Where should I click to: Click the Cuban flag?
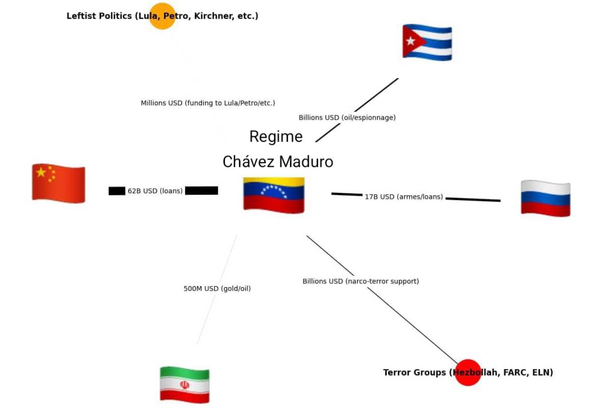[x=427, y=42]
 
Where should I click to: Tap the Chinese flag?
[x=59, y=184]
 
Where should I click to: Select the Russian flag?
[x=545, y=198]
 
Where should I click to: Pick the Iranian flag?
[x=185, y=385]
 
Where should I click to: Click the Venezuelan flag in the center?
[x=274, y=195]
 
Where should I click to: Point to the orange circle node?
[x=162, y=16]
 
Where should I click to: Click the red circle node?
[x=468, y=372]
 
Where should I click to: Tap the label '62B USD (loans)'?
[x=155, y=191]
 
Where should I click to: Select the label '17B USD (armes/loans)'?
[x=404, y=197]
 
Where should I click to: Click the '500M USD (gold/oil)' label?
[x=217, y=289]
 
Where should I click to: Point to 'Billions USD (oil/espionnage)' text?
[x=347, y=117]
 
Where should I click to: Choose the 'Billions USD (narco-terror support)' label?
[x=361, y=281]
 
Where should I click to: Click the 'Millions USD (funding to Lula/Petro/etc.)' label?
[x=208, y=103]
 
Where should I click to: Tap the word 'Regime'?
[x=276, y=137]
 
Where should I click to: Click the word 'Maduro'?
[x=306, y=162]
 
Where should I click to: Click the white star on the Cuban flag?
[x=411, y=41]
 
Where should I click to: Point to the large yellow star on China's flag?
[x=41, y=172]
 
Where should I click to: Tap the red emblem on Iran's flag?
[x=185, y=385]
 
